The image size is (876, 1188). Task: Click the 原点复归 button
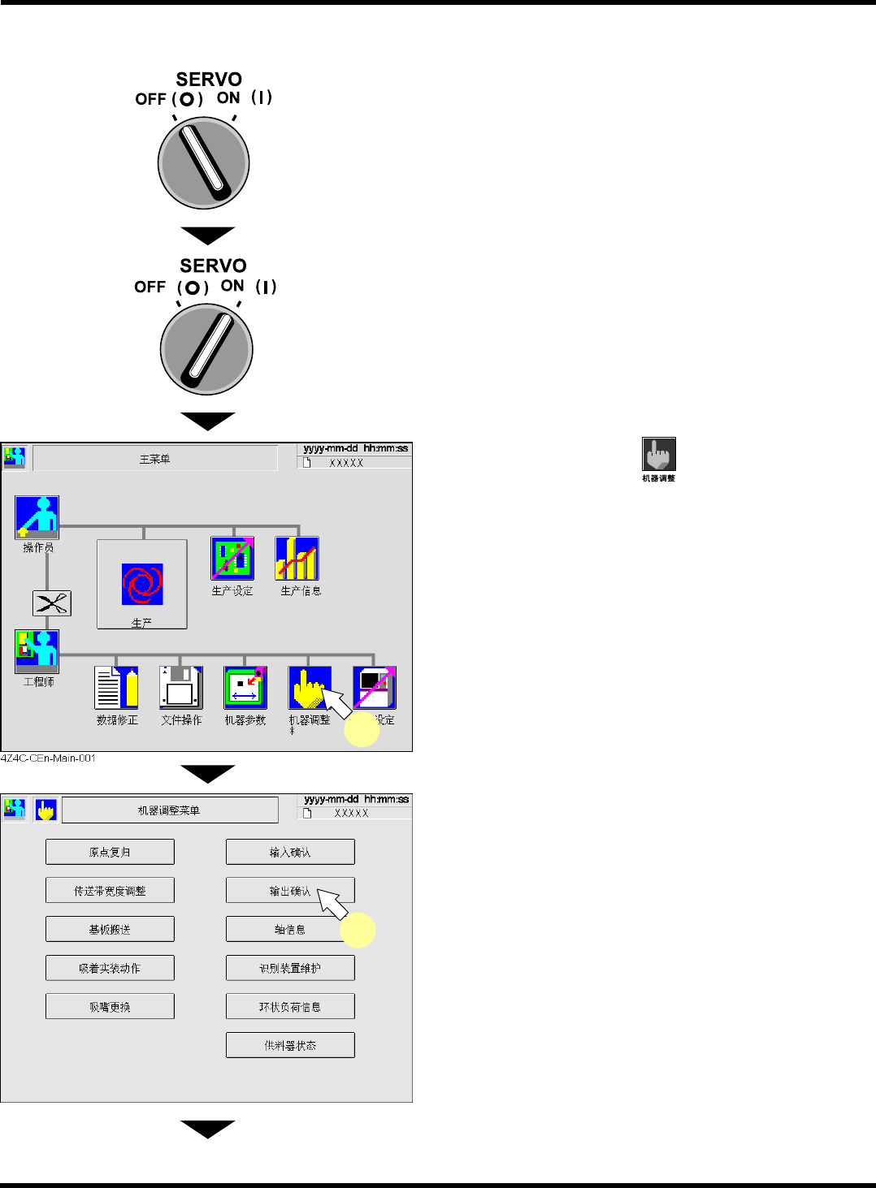click(110, 852)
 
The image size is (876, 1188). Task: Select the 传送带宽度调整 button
click(110, 891)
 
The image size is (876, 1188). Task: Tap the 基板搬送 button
click(110, 929)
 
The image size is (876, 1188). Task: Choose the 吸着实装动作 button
click(110, 968)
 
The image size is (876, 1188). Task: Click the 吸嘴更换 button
click(110, 1006)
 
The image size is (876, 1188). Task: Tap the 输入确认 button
click(290, 852)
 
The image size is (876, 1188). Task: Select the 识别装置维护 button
click(290, 968)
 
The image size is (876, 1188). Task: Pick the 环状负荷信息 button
click(290, 1006)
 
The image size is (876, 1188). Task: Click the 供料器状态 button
click(290, 1045)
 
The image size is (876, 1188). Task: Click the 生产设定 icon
click(232, 558)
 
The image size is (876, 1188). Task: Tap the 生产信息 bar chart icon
click(297, 558)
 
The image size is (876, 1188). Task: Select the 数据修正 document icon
click(116, 688)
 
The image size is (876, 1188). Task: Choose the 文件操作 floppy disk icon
click(180, 688)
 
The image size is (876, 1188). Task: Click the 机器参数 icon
click(245, 688)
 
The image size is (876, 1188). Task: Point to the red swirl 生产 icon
click(142, 584)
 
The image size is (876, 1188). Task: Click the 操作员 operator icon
click(37, 517)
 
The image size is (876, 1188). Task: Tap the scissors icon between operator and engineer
click(51, 603)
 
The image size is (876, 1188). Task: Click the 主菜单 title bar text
click(154, 459)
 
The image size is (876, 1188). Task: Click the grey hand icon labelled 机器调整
click(658, 455)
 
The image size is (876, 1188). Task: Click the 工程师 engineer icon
click(37, 651)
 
